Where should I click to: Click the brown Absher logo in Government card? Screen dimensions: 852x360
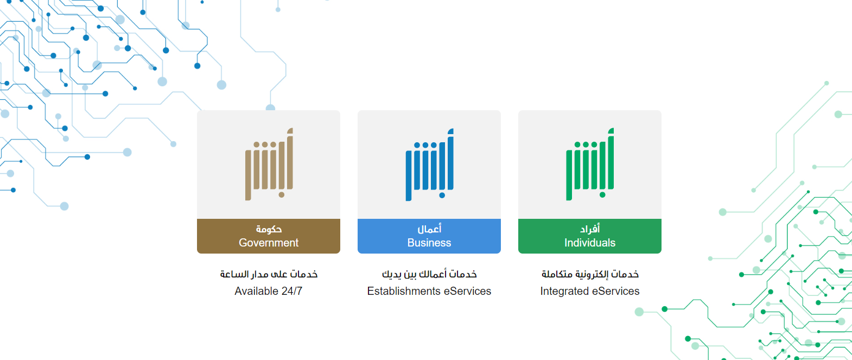pyautogui.click(x=269, y=164)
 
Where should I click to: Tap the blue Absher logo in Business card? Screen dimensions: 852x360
pyautogui.click(x=429, y=165)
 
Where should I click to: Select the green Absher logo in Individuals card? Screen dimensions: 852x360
pyautogui.click(x=590, y=164)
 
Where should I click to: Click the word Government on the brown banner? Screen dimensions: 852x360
pyautogui.click(x=269, y=243)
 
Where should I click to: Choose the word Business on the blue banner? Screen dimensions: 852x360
pyautogui.click(x=429, y=243)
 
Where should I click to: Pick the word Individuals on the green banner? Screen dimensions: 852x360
pyautogui.click(x=590, y=243)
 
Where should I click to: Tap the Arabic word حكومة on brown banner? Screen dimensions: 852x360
pyautogui.click(x=269, y=229)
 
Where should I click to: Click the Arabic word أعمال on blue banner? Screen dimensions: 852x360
pyautogui.click(x=429, y=229)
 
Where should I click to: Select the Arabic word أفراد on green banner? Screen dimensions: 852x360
pyautogui.click(x=590, y=229)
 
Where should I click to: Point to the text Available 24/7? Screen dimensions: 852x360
pyautogui.click(x=269, y=291)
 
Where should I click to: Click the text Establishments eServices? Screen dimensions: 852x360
pyautogui.click(x=429, y=291)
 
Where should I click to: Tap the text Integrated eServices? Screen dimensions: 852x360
pyautogui.click(x=590, y=291)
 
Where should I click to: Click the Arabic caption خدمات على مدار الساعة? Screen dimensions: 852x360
pyautogui.click(x=269, y=274)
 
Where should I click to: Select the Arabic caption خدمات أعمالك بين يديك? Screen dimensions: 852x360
pyautogui.click(x=429, y=274)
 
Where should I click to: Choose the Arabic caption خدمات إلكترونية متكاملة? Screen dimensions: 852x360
pyautogui.click(x=590, y=274)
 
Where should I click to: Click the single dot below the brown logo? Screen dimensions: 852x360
pyautogui.click(x=282, y=195)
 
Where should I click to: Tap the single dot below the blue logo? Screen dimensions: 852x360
pyautogui.click(x=442, y=195)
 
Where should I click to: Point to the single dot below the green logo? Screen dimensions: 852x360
pyautogui.click(x=602, y=195)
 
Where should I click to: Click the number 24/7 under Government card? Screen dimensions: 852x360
pyautogui.click(x=292, y=291)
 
